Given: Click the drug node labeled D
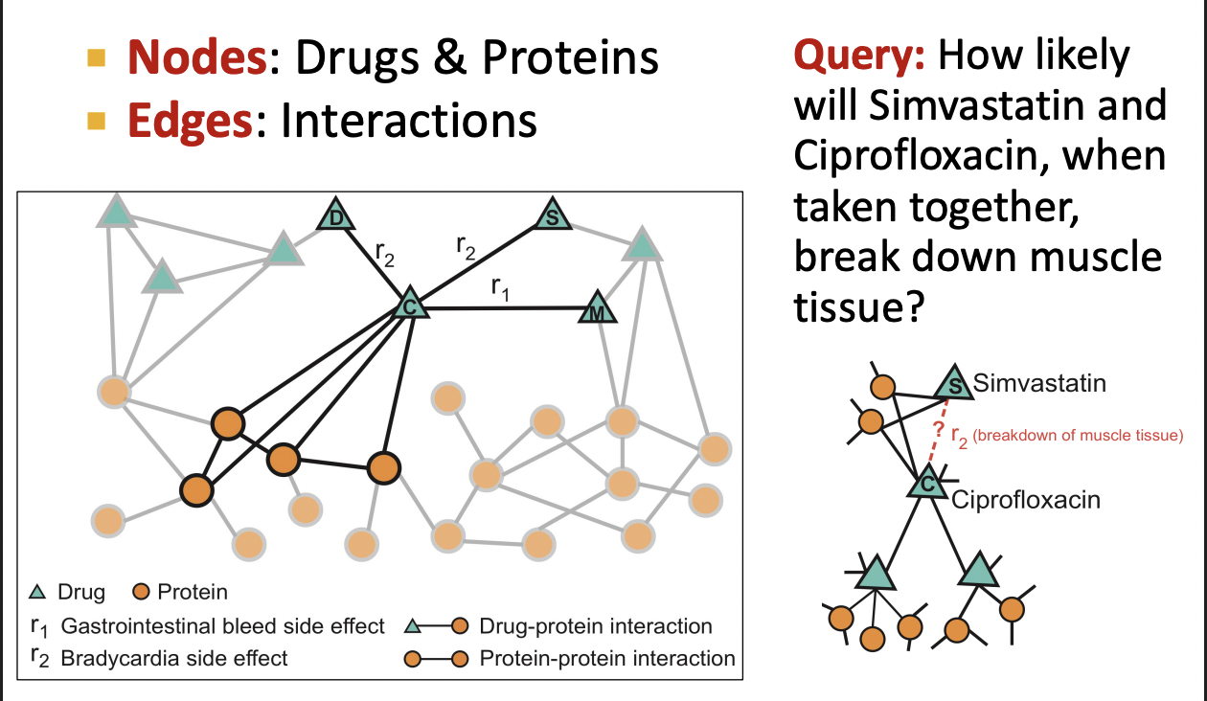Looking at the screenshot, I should (335, 215).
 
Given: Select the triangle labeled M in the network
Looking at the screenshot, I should (597, 311).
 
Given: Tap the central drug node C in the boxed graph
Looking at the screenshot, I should (410, 305).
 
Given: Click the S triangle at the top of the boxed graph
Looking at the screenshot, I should (552, 215).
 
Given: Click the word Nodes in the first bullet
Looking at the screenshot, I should (196, 57).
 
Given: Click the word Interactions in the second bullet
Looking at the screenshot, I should (408, 122).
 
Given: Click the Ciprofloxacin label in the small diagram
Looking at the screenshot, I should (1025, 499).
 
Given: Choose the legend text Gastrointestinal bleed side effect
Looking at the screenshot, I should (222, 627).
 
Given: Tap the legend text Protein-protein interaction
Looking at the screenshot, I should (607, 658).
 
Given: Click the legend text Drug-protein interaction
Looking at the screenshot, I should (596, 627).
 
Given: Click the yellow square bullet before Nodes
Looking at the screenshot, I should (96, 59).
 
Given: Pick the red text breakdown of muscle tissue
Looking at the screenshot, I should (1078, 437).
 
